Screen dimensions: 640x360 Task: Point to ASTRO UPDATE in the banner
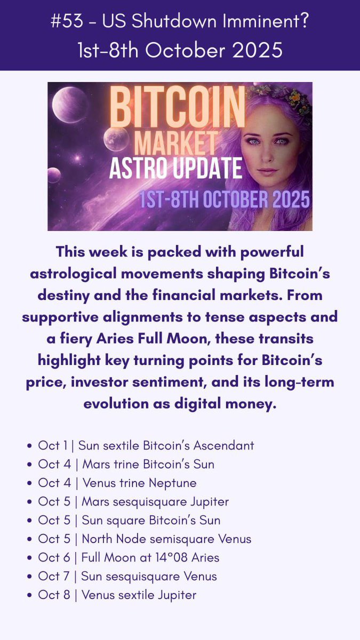(x=176, y=169)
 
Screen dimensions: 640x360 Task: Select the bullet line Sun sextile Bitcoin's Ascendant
(x=146, y=445)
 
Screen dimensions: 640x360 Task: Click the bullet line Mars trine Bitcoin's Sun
(x=126, y=464)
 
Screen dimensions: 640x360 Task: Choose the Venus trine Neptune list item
(x=117, y=483)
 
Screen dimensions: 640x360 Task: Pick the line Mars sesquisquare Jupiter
(x=133, y=502)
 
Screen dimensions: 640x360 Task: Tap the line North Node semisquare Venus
(x=144, y=539)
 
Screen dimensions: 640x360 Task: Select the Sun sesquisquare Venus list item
(x=127, y=577)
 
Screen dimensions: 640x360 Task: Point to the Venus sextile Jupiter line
(x=117, y=595)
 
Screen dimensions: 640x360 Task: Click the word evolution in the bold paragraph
(x=117, y=403)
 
